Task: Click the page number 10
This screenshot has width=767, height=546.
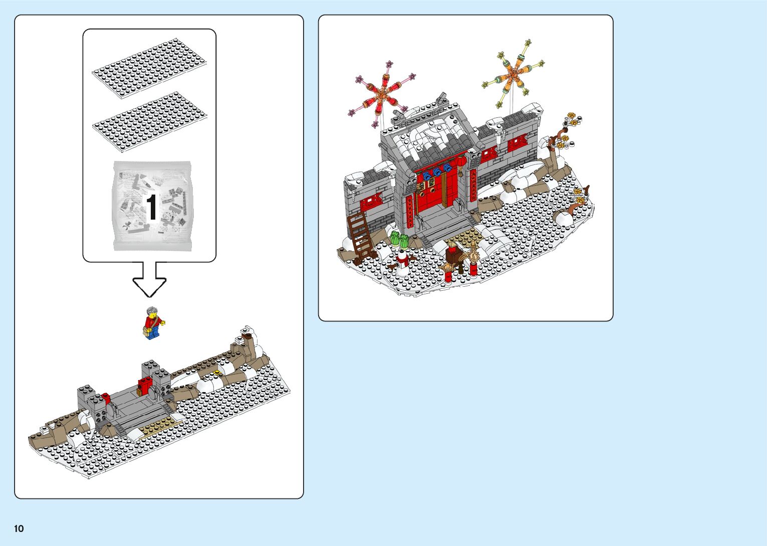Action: coord(19,528)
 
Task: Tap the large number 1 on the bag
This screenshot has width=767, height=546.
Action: coord(152,207)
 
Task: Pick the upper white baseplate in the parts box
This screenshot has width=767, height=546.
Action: coord(149,68)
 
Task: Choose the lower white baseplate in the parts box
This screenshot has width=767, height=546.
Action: coord(149,122)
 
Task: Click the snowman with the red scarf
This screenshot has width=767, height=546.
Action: coord(402,262)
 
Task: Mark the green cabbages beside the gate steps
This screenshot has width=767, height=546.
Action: coord(400,239)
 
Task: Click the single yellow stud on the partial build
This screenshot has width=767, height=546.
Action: coord(216,372)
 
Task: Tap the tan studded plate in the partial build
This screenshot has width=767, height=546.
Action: coord(160,426)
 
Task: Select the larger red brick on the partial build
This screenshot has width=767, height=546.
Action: coord(145,386)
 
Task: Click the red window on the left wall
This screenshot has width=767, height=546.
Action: coord(371,201)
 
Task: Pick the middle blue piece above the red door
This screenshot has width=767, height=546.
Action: coord(437,172)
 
